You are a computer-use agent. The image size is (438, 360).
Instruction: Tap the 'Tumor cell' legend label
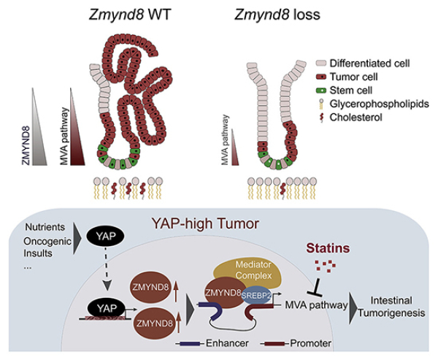(356, 77)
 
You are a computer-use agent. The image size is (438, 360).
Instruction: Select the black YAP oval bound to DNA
(104, 309)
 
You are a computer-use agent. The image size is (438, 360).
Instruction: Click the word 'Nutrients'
(47, 226)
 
